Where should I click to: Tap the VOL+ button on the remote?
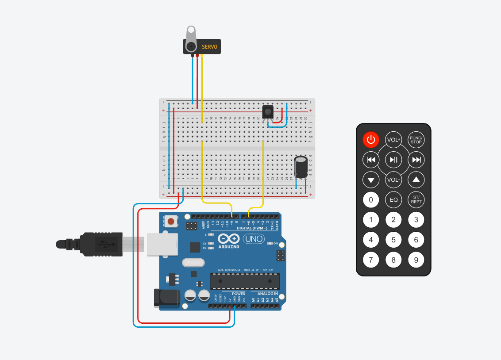click(393, 140)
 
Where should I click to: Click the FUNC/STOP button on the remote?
click(416, 140)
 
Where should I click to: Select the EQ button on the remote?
click(393, 200)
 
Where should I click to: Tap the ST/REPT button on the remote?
click(416, 200)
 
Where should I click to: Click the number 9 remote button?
click(416, 260)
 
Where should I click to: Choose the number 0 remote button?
click(371, 200)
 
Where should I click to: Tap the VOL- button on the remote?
click(393, 180)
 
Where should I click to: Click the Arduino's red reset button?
click(170, 221)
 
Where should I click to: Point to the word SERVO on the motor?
click(210, 46)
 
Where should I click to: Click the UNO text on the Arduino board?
click(254, 239)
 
